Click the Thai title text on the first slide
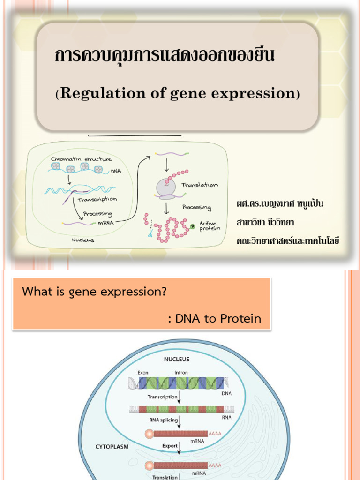pos(165,57)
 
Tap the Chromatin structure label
pos(81,159)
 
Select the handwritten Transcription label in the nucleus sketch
pos(97,200)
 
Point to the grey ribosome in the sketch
pos(165,188)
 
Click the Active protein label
pos(210,226)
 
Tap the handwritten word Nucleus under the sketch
pos(83,240)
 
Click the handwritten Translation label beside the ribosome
pos(200,185)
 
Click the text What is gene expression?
pos(95,292)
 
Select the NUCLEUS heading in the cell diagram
pos(176,360)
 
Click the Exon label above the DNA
pos(143,373)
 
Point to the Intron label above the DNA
pos(181,373)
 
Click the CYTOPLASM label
pos(112,447)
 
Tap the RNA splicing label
pos(163,420)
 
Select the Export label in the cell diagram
pos(170,446)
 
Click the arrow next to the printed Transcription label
pos(180,398)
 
